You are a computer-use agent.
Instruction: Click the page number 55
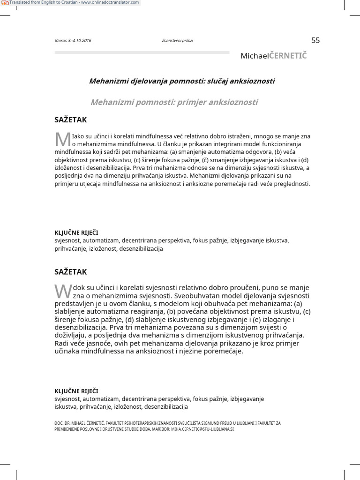click(x=315, y=40)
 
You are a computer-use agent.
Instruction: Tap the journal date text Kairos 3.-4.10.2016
click(x=73, y=41)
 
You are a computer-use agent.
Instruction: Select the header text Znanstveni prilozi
click(x=177, y=41)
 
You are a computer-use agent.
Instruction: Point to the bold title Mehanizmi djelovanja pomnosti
click(x=182, y=81)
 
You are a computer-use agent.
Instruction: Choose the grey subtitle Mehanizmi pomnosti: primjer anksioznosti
click(x=174, y=102)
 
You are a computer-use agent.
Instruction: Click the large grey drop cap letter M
click(x=62, y=139)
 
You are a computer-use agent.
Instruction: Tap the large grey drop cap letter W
click(x=63, y=291)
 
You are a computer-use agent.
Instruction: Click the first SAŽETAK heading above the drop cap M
click(x=71, y=120)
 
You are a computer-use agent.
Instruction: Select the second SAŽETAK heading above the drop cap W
click(x=71, y=272)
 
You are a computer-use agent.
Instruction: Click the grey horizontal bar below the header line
click(x=142, y=52)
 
